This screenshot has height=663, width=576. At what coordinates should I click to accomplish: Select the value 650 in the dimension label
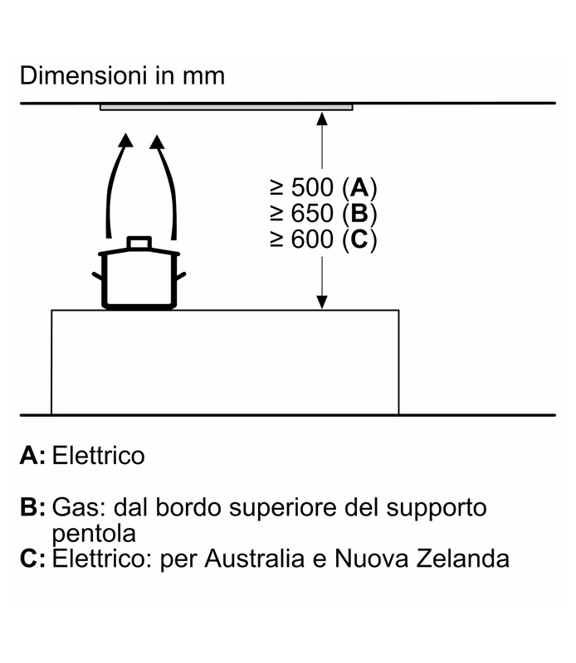pyautogui.click(x=311, y=213)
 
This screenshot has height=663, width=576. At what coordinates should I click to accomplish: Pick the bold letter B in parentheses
pyautogui.click(x=358, y=213)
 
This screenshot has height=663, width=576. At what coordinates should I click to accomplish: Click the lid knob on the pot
pyautogui.click(x=139, y=242)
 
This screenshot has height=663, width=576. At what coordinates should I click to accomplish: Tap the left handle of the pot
pyautogui.click(x=97, y=275)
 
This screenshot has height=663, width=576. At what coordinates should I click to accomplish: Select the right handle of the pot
pyautogui.click(x=182, y=275)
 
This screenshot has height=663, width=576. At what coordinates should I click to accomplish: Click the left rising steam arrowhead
pyautogui.click(x=125, y=138)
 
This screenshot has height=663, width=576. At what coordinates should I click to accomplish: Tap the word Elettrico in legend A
pyautogui.click(x=98, y=455)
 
